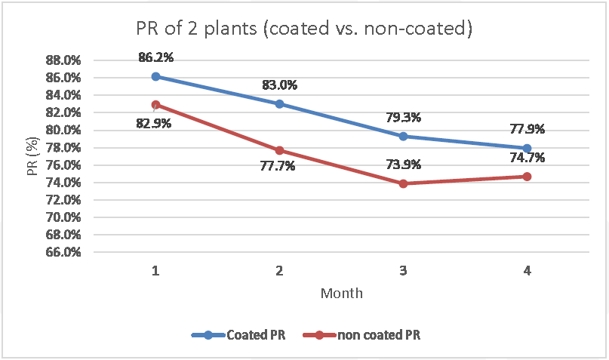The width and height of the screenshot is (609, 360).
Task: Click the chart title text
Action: (304, 29)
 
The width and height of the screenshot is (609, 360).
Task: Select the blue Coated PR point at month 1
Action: (155, 76)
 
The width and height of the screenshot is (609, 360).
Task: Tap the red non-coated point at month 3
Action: (403, 183)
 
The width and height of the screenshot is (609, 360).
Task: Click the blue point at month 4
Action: (527, 148)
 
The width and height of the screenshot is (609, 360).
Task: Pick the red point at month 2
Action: (279, 150)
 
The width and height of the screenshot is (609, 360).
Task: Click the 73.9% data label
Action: (404, 165)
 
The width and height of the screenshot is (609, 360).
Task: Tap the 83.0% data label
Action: (280, 85)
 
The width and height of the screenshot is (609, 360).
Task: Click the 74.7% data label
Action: (526, 158)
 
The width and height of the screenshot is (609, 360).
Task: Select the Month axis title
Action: (341, 293)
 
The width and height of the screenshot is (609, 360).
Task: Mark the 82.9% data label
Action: (155, 122)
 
